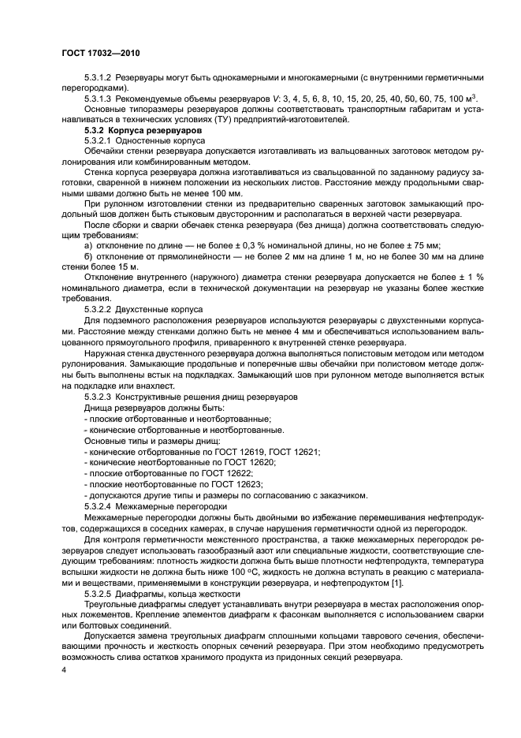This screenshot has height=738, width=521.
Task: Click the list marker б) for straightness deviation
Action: [x=87, y=257]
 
